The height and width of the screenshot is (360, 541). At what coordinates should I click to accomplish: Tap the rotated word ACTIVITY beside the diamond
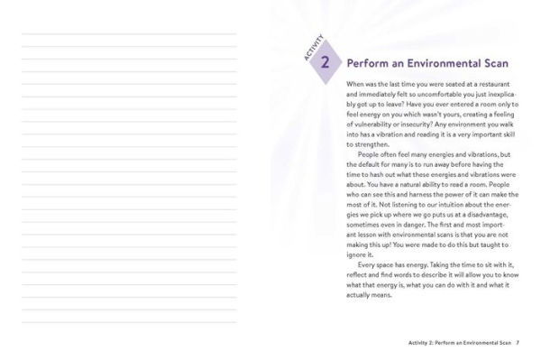coord(312,48)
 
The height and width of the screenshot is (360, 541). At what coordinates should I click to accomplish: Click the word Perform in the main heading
coord(369,64)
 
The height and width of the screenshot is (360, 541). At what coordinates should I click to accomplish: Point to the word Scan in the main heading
coord(495,64)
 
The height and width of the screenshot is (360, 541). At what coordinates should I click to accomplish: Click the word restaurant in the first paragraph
coord(489,84)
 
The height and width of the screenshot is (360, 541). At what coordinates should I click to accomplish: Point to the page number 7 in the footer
coord(518,344)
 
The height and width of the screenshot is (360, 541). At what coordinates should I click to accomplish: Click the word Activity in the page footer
coord(419,344)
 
